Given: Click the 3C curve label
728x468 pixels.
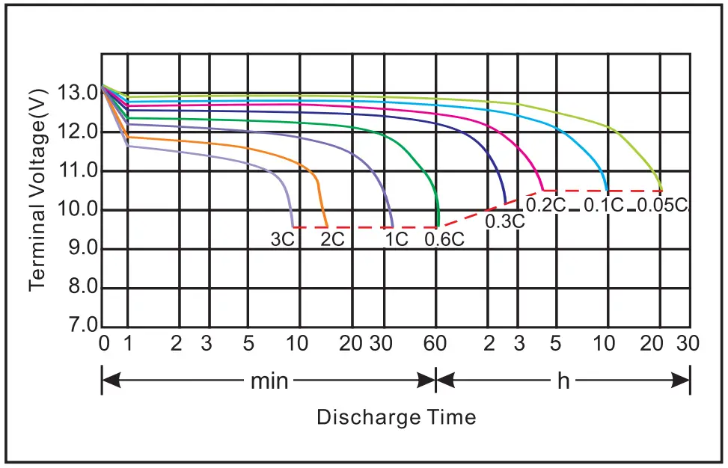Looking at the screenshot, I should tap(282, 239).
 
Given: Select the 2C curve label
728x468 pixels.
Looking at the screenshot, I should tap(333, 239).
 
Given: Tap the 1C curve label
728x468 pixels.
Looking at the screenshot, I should tap(397, 239).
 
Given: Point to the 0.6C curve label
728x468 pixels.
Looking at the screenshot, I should tap(444, 239).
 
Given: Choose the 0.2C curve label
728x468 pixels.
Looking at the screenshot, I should tap(545, 204).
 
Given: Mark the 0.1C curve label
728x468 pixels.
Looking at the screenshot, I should tap(604, 204).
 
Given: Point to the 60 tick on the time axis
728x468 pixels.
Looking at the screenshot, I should tap(435, 344).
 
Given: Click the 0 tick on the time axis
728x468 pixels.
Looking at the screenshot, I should tap(104, 344).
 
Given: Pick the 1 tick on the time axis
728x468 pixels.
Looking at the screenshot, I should tap(127, 344).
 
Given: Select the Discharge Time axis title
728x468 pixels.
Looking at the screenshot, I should tap(396, 416).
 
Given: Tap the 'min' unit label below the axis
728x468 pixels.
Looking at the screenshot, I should tap(269, 381).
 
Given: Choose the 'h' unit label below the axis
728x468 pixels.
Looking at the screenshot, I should tap(563, 381).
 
